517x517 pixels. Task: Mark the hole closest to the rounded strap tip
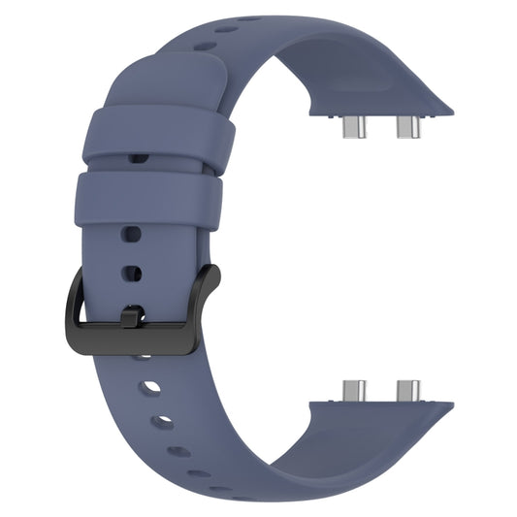click(x=250, y=18)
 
